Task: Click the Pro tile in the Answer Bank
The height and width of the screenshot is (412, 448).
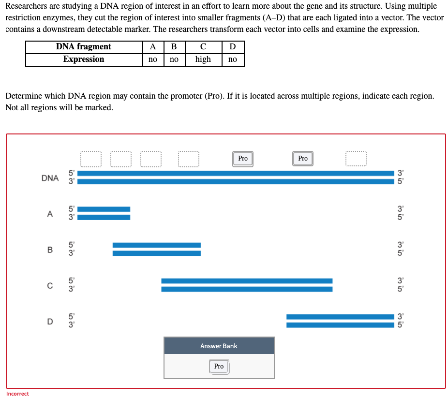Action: pos(219,367)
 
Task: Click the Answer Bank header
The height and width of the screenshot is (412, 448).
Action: pos(219,346)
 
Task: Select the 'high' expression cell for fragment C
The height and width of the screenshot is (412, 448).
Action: pos(203,59)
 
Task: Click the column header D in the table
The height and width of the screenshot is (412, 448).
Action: pos(233,47)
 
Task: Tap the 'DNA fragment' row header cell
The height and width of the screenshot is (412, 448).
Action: pos(84,47)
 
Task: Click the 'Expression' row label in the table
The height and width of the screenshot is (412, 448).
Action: pos(84,59)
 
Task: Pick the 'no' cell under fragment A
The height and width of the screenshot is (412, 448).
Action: pos(153,59)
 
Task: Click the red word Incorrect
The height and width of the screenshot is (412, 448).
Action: pos(17,394)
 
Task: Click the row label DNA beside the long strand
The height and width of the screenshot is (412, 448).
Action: pos(50,178)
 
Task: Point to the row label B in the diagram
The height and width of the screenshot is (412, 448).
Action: pos(50,250)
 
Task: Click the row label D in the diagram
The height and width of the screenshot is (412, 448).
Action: pos(50,322)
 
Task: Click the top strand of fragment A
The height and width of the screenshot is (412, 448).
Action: pos(104,209)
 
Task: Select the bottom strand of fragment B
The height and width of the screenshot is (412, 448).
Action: pos(157,253)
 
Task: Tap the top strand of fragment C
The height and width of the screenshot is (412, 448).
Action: pos(247,281)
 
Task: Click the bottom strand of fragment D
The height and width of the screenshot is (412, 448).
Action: pos(340,325)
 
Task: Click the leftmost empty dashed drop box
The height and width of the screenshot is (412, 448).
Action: pos(91,159)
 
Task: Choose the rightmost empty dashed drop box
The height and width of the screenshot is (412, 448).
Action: pos(356,159)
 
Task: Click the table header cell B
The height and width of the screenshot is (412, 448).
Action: pos(174,47)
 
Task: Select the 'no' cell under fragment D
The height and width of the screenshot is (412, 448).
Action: pos(233,59)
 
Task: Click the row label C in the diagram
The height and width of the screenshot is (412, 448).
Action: pos(50,286)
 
